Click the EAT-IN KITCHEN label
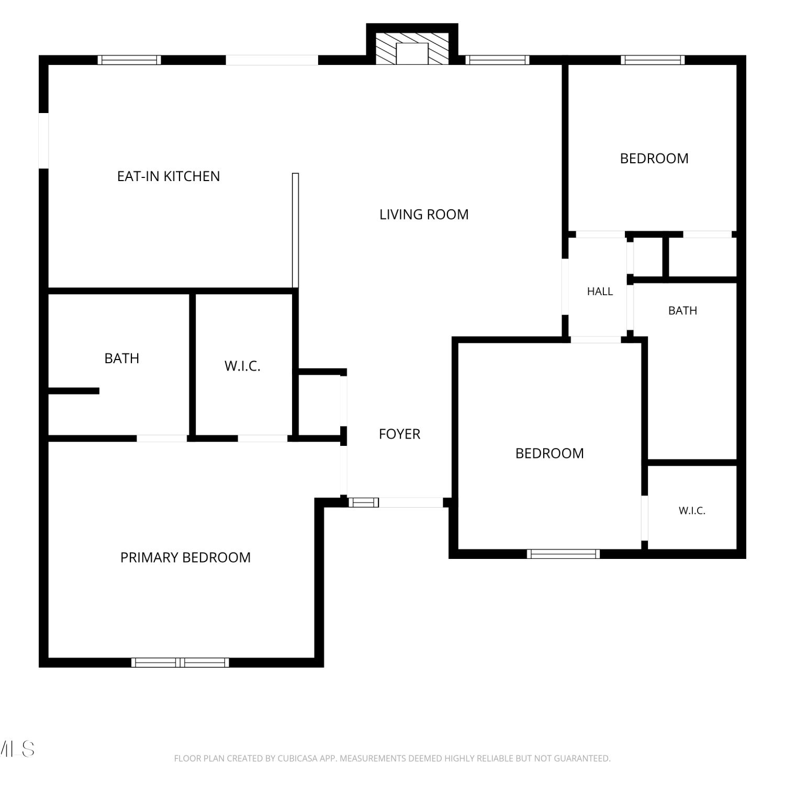tap(169, 176)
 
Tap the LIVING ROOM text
tap(424, 215)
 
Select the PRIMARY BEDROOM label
tap(186, 558)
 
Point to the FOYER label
tap(399, 434)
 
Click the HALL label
tap(600, 291)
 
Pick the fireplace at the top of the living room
tap(412, 49)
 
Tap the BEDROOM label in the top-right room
tap(654, 159)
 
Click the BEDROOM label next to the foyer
tap(549, 453)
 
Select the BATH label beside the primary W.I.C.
tap(122, 358)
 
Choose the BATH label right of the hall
tap(683, 311)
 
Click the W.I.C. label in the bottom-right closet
tap(692, 511)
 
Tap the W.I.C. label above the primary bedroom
tap(242, 366)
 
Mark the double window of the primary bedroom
tap(180, 663)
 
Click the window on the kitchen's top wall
tap(129, 60)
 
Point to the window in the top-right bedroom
tap(653, 60)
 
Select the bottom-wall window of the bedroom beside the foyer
tap(563, 554)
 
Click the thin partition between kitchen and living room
tap(295, 230)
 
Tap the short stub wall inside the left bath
tap(74, 391)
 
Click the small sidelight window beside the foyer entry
tap(364, 502)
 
